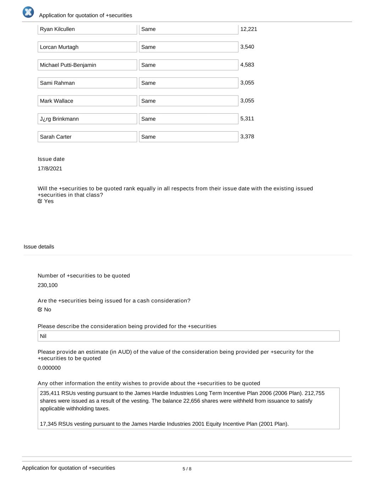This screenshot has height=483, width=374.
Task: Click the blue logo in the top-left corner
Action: click(x=28, y=12)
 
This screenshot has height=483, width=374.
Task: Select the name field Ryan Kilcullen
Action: click(x=87, y=29)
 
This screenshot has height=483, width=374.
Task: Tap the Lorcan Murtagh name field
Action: click(x=87, y=47)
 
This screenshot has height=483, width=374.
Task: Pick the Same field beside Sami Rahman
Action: click(x=188, y=83)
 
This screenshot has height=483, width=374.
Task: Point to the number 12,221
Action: click(x=249, y=29)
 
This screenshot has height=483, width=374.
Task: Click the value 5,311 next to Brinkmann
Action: click(x=247, y=119)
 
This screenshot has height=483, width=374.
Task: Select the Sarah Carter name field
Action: click(x=87, y=137)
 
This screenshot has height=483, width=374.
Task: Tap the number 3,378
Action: click(x=247, y=137)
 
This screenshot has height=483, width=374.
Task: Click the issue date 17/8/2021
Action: click(x=50, y=168)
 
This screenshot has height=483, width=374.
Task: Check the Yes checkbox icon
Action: click(x=40, y=201)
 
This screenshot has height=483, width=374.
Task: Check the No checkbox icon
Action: click(x=40, y=310)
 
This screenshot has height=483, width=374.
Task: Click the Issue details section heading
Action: click(x=39, y=247)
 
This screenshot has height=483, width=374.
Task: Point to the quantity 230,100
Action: click(x=48, y=285)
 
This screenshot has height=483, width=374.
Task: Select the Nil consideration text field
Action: click(x=188, y=336)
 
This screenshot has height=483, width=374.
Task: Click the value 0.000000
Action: click(x=49, y=368)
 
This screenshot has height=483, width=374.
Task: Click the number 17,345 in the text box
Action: click(x=48, y=424)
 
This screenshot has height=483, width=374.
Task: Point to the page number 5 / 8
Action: click(x=187, y=469)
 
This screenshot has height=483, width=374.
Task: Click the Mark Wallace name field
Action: click(x=87, y=101)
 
